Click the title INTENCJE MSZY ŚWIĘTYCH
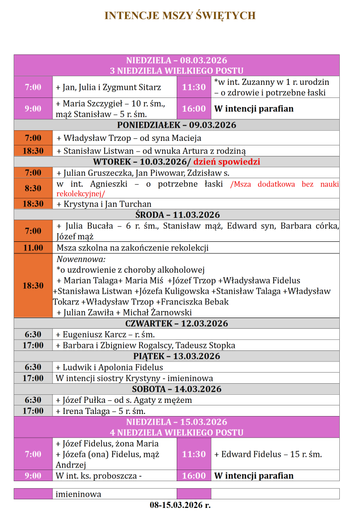(180, 16)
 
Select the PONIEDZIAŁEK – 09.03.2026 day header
(177, 125)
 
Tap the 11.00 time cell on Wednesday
(33, 248)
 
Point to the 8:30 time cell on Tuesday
(33, 188)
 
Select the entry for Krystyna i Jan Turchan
(104, 204)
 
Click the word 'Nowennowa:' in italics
(81, 259)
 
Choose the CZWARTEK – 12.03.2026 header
(177, 324)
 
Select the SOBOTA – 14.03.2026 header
(177, 389)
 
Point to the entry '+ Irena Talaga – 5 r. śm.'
(100, 411)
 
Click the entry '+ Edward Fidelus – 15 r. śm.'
(268, 454)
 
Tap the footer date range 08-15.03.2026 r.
(180, 505)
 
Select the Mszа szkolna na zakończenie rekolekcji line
(132, 248)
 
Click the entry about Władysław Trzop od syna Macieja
(129, 138)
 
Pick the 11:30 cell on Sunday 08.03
(194, 87)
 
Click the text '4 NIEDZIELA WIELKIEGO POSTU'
(177, 433)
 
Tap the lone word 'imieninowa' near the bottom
(78, 494)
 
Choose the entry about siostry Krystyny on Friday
(134, 378)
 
